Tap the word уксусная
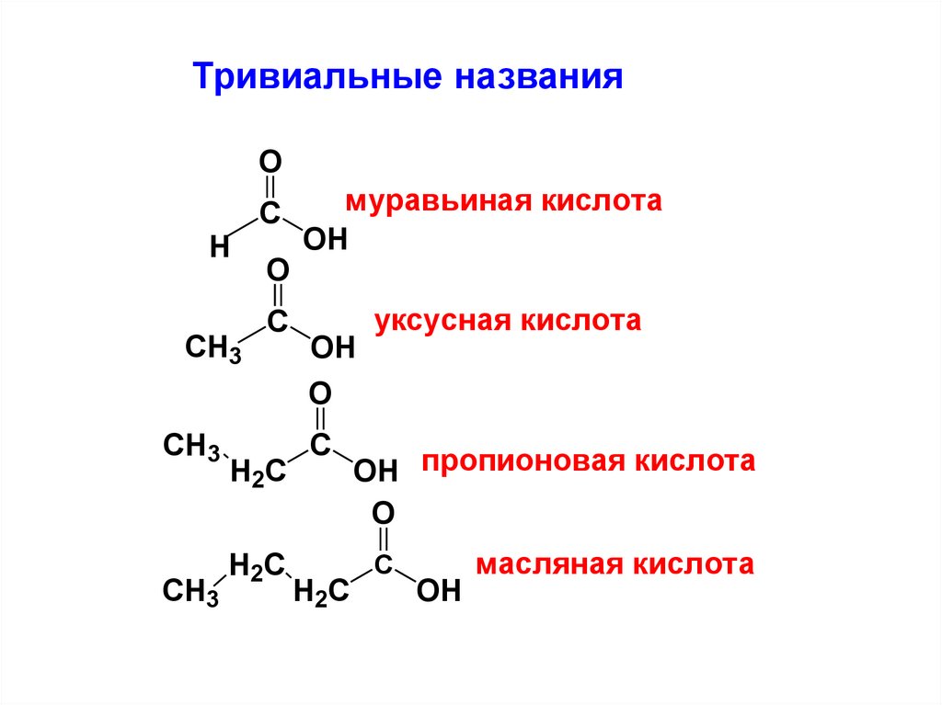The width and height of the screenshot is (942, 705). [442, 322]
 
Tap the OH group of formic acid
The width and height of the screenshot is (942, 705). [325, 241]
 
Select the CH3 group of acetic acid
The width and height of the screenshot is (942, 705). [213, 348]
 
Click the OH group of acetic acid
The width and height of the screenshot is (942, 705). [332, 347]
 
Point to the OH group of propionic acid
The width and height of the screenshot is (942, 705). [375, 472]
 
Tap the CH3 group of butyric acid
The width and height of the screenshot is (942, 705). [190, 591]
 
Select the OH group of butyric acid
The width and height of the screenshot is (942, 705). [438, 590]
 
